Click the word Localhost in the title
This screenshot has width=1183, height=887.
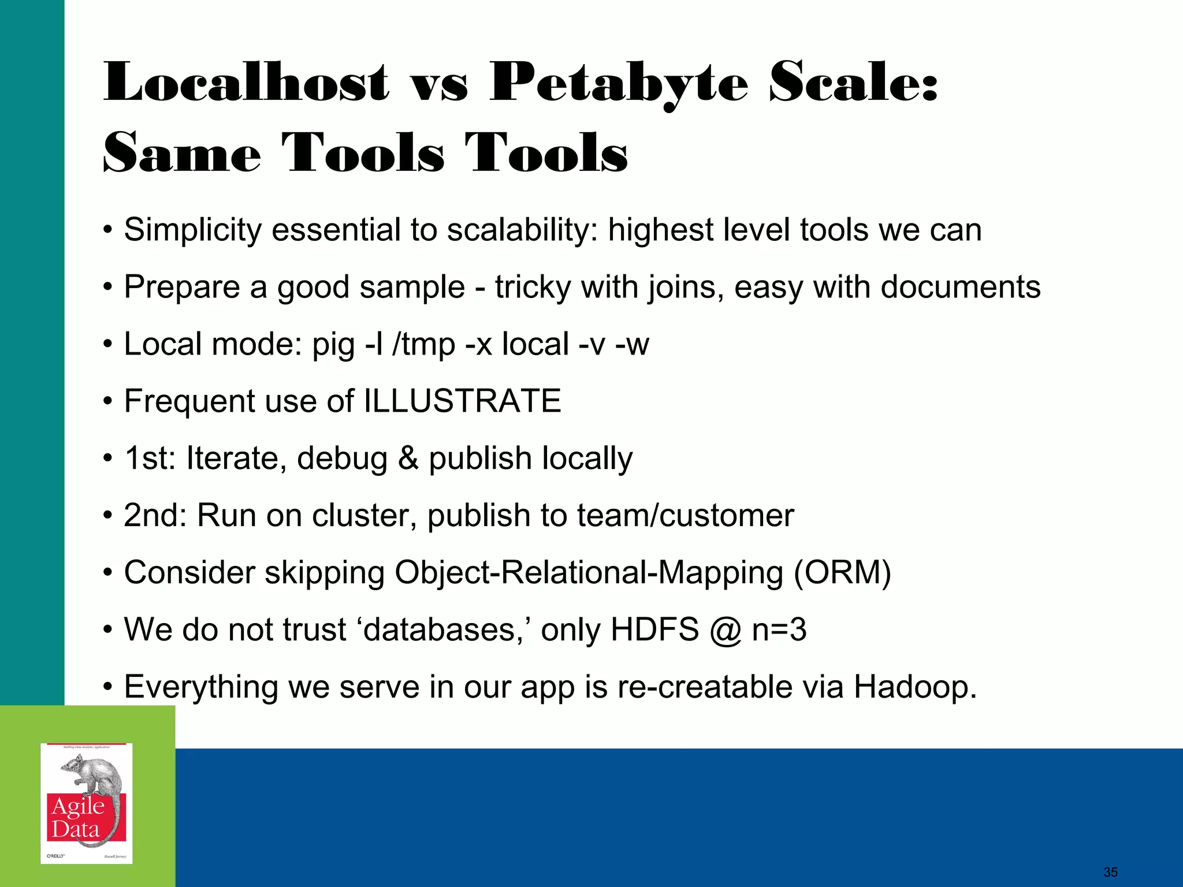[246, 83]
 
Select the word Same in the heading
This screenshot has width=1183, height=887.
[182, 153]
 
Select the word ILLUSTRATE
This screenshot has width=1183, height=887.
[462, 401]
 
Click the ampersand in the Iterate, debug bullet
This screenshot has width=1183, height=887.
[408, 459]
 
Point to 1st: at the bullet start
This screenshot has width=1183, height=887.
[150, 459]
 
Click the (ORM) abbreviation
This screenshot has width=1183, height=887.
[842, 573]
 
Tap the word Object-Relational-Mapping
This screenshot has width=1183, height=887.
[589, 573]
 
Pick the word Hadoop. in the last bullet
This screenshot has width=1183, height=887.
[915, 687]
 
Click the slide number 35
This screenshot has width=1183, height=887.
[1110, 872]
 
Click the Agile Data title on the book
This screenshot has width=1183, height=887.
[78, 818]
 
